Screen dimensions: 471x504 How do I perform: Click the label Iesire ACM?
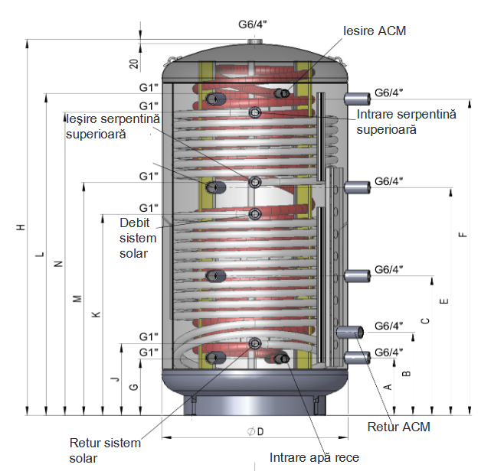[x=374, y=31]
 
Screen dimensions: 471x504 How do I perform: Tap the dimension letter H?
[x=21, y=227]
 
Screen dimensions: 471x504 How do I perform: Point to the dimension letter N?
[x=58, y=263]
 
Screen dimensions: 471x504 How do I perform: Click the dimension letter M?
[x=77, y=298]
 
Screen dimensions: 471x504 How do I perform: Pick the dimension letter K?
[x=95, y=314]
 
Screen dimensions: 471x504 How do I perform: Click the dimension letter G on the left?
[x=133, y=388]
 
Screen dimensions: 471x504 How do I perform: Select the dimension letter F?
[x=462, y=235]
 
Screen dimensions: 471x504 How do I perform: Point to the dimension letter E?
[x=444, y=291]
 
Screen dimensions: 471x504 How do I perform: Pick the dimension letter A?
[x=388, y=387]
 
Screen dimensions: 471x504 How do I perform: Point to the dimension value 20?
[x=134, y=63]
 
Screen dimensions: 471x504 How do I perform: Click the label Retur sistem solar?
[x=106, y=450]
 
